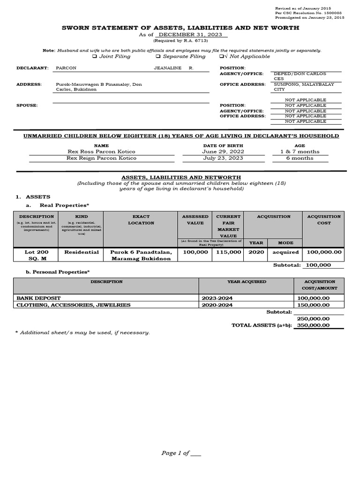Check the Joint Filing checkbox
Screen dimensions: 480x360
(x=94, y=57)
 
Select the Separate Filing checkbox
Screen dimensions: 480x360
(x=158, y=57)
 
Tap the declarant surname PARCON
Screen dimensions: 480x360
(x=66, y=68)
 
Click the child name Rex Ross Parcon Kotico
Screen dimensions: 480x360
(x=102, y=152)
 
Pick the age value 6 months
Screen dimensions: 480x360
(x=300, y=158)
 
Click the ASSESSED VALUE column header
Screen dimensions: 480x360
(x=195, y=220)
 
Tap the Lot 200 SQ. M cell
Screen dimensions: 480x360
(x=36, y=255)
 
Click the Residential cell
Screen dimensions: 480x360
(x=81, y=252)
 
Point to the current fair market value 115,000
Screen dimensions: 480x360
(x=228, y=252)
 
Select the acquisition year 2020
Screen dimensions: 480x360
(x=256, y=252)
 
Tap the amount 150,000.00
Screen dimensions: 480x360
(x=313, y=305)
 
